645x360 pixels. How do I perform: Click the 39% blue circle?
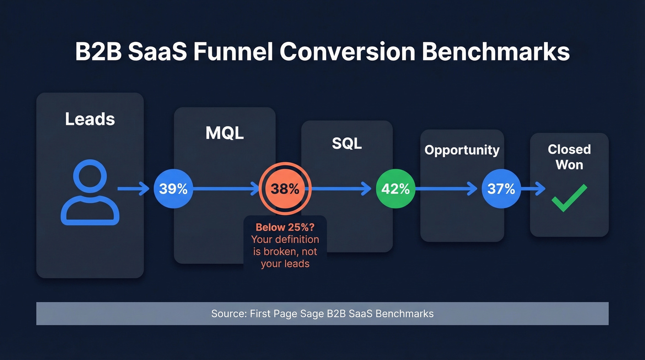click(x=173, y=189)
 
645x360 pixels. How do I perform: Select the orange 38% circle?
click(x=285, y=189)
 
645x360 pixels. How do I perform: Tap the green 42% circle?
click(x=395, y=189)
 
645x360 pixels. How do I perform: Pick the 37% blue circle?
click(x=501, y=189)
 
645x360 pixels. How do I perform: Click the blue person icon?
click(x=90, y=193)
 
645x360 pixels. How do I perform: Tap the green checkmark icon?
click(x=569, y=198)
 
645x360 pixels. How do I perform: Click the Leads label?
click(x=90, y=119)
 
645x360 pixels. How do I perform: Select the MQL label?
click(x=224, y=133)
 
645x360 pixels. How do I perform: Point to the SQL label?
click(x=347, y=143)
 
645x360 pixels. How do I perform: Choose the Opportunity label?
click(x=462, y=150)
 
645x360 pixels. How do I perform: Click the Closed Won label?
click(x=569, y=157)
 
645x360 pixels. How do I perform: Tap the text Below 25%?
click(x=285, y=227)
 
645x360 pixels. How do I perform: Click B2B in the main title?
click(x=98, y=53)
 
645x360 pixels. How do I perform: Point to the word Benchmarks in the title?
click(x=496, y=53)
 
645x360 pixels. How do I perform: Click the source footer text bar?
click(x=322, y=314)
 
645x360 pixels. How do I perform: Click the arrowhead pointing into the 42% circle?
click(x=367, y=189)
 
